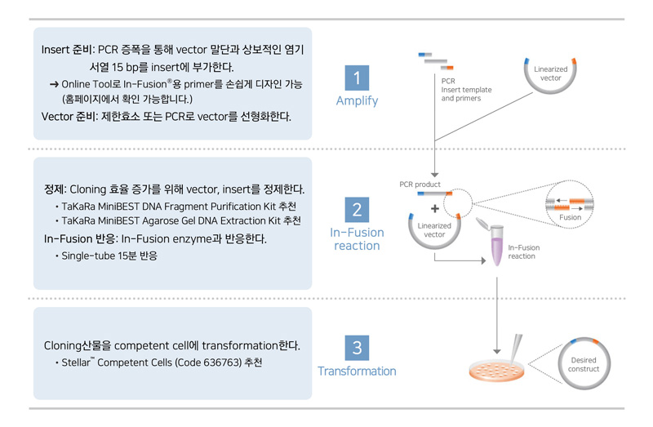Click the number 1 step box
click(x=357, y=78)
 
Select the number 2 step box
click(x=357, y=210)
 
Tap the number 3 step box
click(x=357, y=348)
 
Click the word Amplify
click(x=357, y=101)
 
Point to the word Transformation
click(x=357, y=371)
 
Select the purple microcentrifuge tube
click(x=495, y=246)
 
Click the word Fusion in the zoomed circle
click(x=570, y=217)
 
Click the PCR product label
click(x=420, y=185)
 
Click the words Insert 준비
click(x=67, y=49)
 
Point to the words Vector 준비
click(x=71, y=115)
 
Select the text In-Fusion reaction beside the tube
click(x=523, y=251)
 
